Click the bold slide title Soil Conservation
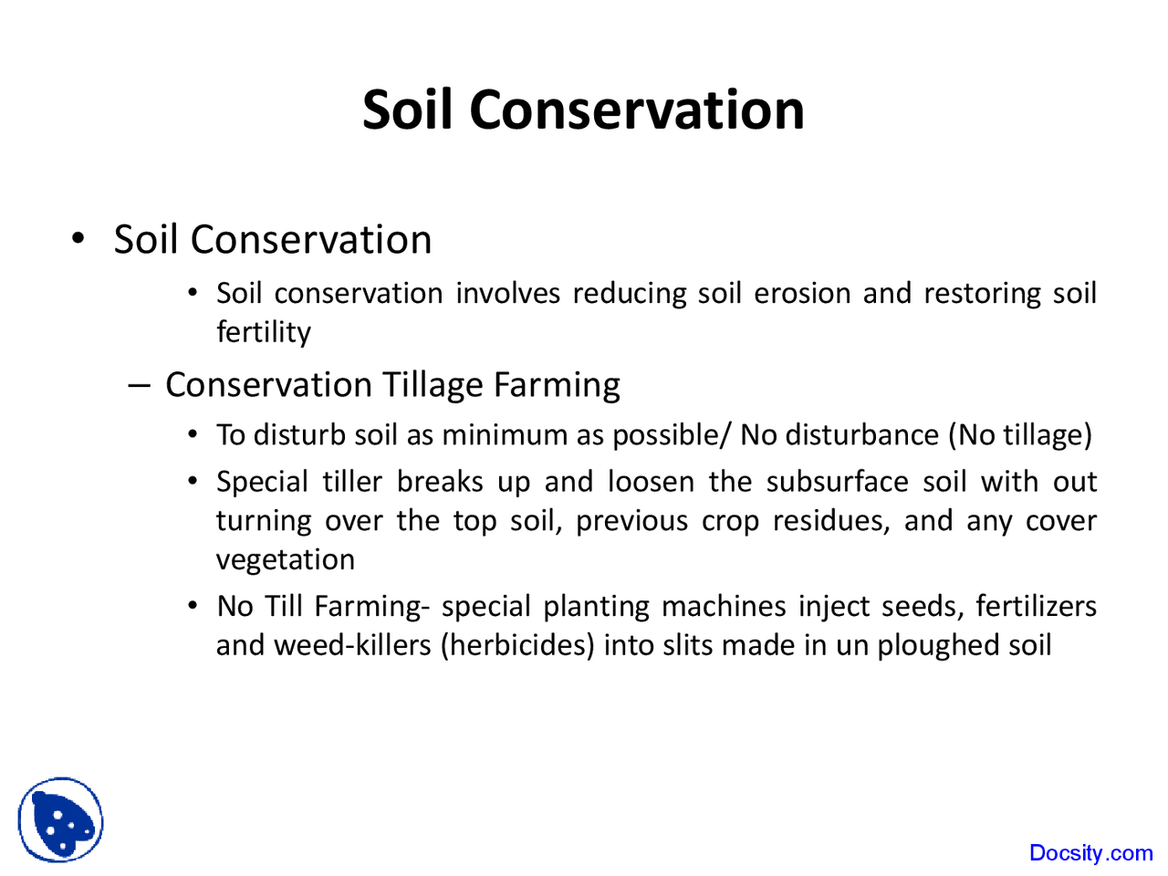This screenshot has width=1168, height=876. click(583, 109)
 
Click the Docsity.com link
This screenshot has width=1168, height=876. click(1090, 853)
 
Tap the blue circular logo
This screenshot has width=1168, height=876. click(60, 819)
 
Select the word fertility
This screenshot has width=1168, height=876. click(263, 332)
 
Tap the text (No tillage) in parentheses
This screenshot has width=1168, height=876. click(1019, 434)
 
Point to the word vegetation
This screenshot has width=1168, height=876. click(285, 559)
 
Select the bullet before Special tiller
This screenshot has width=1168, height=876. click(193, 481)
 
